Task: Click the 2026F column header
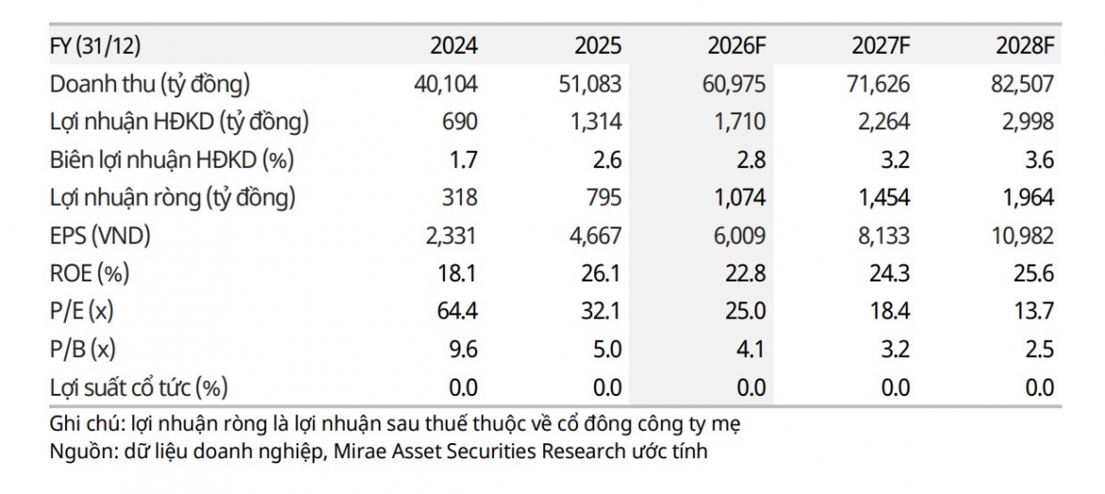[x=737, y=46]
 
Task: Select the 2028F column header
[x=1025, y=46]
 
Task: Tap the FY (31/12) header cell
[x=95, y=46]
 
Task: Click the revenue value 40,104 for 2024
[x=447, y=85]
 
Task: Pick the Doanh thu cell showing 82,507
[x=1024, y=85]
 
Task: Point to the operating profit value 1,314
[x=598, y=123]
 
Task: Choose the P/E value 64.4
[x=457, y=313]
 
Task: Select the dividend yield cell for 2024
[x=462, y=388]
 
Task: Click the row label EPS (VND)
[x=100, y=237]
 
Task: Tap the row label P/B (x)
[x=82, y=351]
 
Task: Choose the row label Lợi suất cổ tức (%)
[x=139, y=389]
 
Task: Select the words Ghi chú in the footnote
[x=79, y=426]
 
